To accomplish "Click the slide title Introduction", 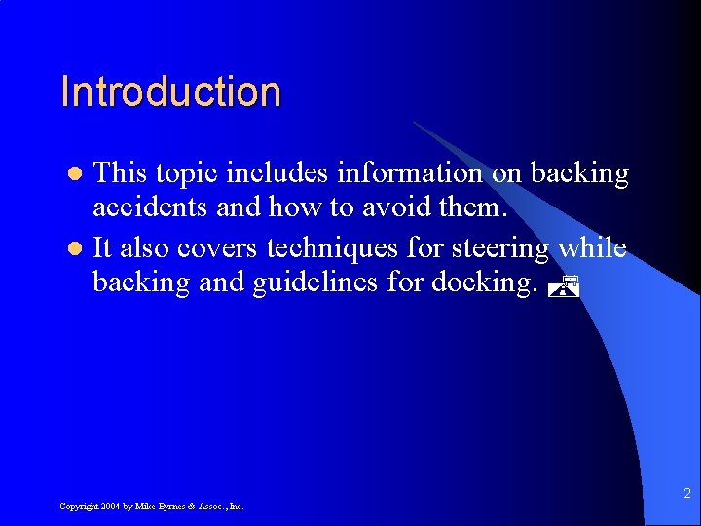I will click(170, 92).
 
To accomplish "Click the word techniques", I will click(332, 247).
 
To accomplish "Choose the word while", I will click(592, 247).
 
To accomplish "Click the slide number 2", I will click(685, 494).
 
